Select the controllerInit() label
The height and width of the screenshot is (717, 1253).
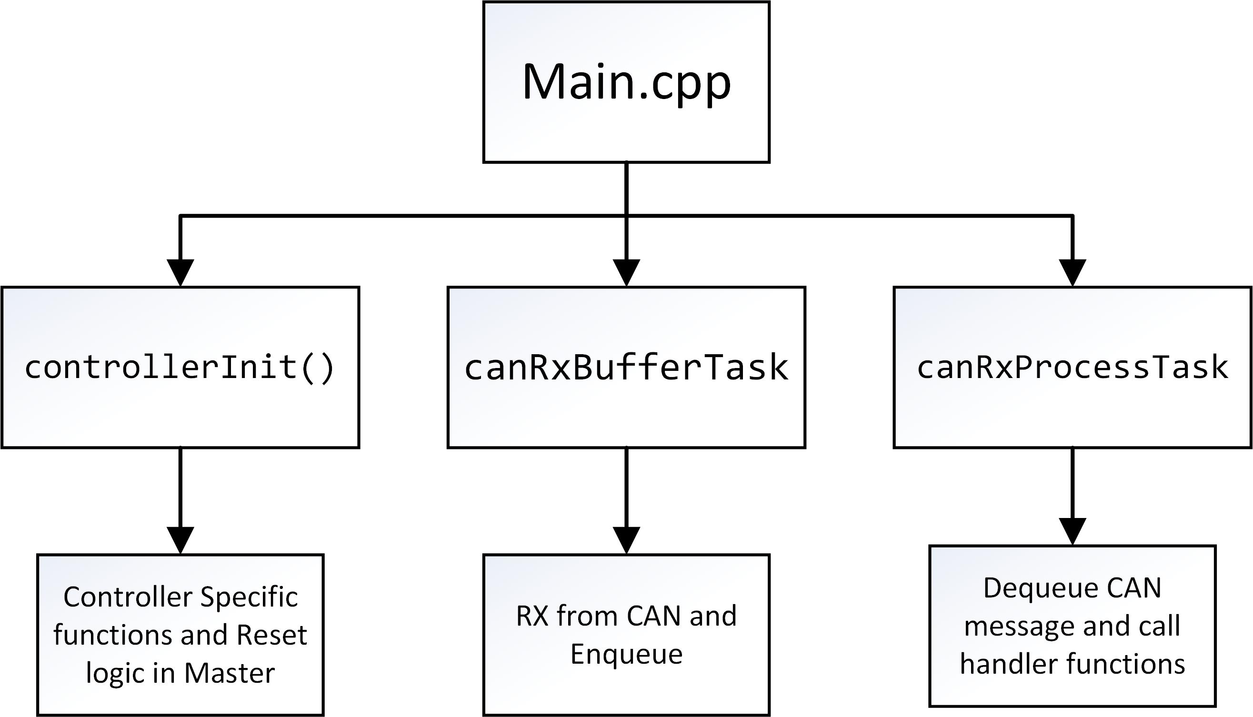click(x=180, y=368)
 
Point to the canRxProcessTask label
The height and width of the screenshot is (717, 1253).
click(x=1072, y=368)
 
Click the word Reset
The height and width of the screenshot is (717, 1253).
click(x=271, y=635)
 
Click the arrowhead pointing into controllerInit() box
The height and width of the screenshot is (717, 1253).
click(x=180, y=272)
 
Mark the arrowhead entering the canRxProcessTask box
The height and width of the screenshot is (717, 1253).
click(x=1072, y=272)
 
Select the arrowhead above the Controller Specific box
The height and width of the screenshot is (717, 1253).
click(x=180, y=541)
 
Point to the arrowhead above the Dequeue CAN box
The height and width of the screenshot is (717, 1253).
click(x=1072, y=532)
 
